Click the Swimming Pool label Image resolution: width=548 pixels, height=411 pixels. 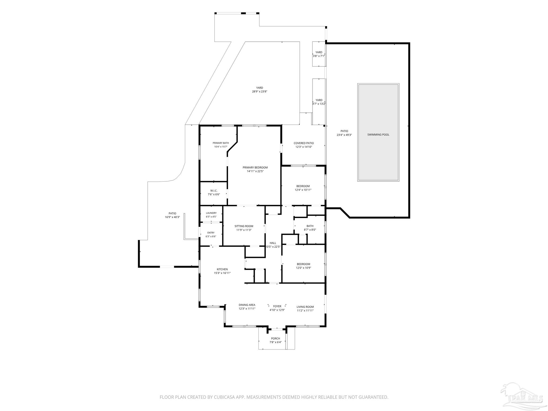378,135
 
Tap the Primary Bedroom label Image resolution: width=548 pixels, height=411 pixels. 255,168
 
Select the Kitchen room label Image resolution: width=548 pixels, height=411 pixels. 222,269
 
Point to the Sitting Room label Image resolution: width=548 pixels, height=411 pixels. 244,226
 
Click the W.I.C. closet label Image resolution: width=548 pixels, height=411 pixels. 214,191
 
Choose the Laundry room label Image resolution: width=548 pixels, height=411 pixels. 211,213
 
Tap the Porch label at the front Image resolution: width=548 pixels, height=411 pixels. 275,338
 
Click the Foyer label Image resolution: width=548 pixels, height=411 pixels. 277,306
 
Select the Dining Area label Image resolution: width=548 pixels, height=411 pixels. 247,305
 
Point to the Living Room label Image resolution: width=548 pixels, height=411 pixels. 305,307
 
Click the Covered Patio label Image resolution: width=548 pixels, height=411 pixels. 304,143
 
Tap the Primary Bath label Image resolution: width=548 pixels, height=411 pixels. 221,143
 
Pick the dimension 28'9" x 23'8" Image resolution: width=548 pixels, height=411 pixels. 260,92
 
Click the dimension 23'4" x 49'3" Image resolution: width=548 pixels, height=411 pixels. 344,135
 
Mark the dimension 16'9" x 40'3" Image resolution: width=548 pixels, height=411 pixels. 172,217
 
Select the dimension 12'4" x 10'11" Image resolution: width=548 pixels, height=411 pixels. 303,190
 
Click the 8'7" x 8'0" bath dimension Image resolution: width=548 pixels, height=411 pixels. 310,230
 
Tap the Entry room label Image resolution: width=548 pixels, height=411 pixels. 211,233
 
